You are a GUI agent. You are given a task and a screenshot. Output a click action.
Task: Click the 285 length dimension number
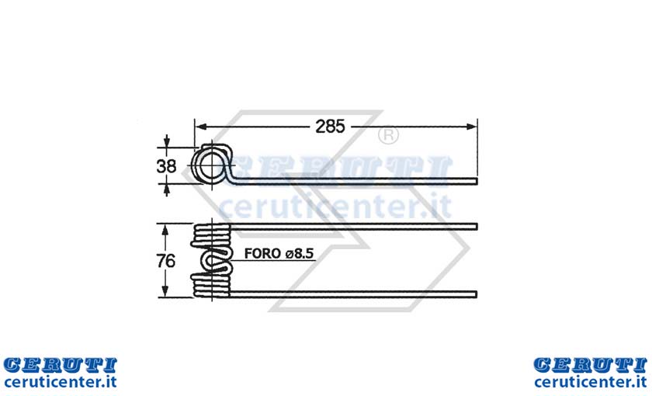coord(330,127)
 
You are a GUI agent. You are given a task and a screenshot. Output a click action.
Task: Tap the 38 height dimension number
coord(166,166)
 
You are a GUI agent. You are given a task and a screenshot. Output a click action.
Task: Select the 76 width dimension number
coord(165,261)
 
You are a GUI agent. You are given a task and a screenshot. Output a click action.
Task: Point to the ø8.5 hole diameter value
coord(300,253)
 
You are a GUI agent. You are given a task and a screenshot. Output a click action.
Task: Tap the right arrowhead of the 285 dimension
coord(472,127)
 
